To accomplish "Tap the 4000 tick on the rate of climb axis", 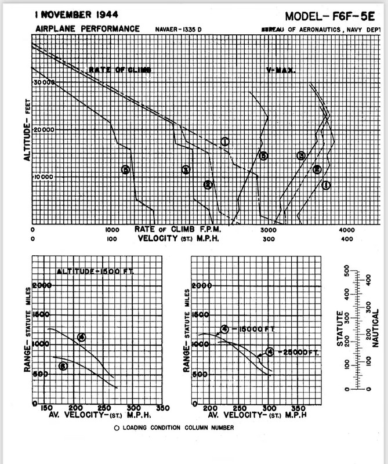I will pyautogui.click(x=347, y=230).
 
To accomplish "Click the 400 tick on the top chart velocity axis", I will pyautogui.click(x=347, y=238).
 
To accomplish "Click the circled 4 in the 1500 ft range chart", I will pyautogui.click(x=81, y=337).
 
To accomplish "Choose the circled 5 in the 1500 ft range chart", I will pyautogui.click(x=63, y=365).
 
